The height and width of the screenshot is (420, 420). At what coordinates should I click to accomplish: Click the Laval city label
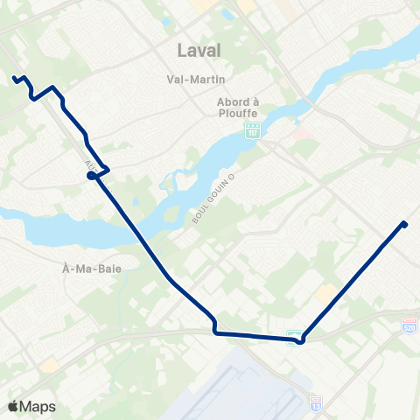[x=199, y=50]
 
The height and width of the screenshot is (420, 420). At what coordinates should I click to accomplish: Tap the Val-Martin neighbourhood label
[x=191, y=79]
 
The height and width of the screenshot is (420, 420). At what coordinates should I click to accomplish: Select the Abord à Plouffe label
[x=238, y=106]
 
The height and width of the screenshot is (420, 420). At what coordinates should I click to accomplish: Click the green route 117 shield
[x=252, y=130]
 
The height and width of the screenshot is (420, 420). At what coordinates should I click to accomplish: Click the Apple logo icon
[x=13, y=406]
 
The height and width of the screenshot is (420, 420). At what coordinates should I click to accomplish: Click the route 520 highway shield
[x=409, y=325]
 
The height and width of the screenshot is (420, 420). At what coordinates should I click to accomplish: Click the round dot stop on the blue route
[x=91, y=176]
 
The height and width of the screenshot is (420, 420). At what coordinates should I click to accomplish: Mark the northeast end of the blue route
[x=404, y=224]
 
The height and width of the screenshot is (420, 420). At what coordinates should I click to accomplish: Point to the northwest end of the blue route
[x=15, y=79]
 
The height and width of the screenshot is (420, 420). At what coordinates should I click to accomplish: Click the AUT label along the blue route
[x=90, y=165]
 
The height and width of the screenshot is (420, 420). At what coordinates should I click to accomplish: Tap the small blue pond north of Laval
[x=229, y=15]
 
